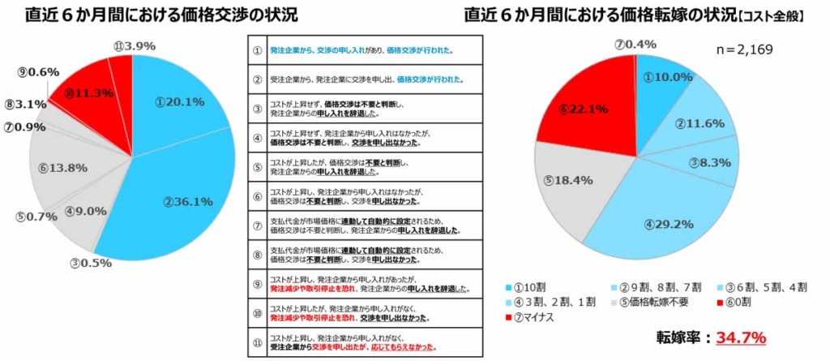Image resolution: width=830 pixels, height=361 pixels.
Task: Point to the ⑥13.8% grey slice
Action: (63, 168)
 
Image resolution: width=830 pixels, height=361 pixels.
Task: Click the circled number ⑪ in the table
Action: (258, 341)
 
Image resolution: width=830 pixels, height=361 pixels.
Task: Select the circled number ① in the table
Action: (258, 50)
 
